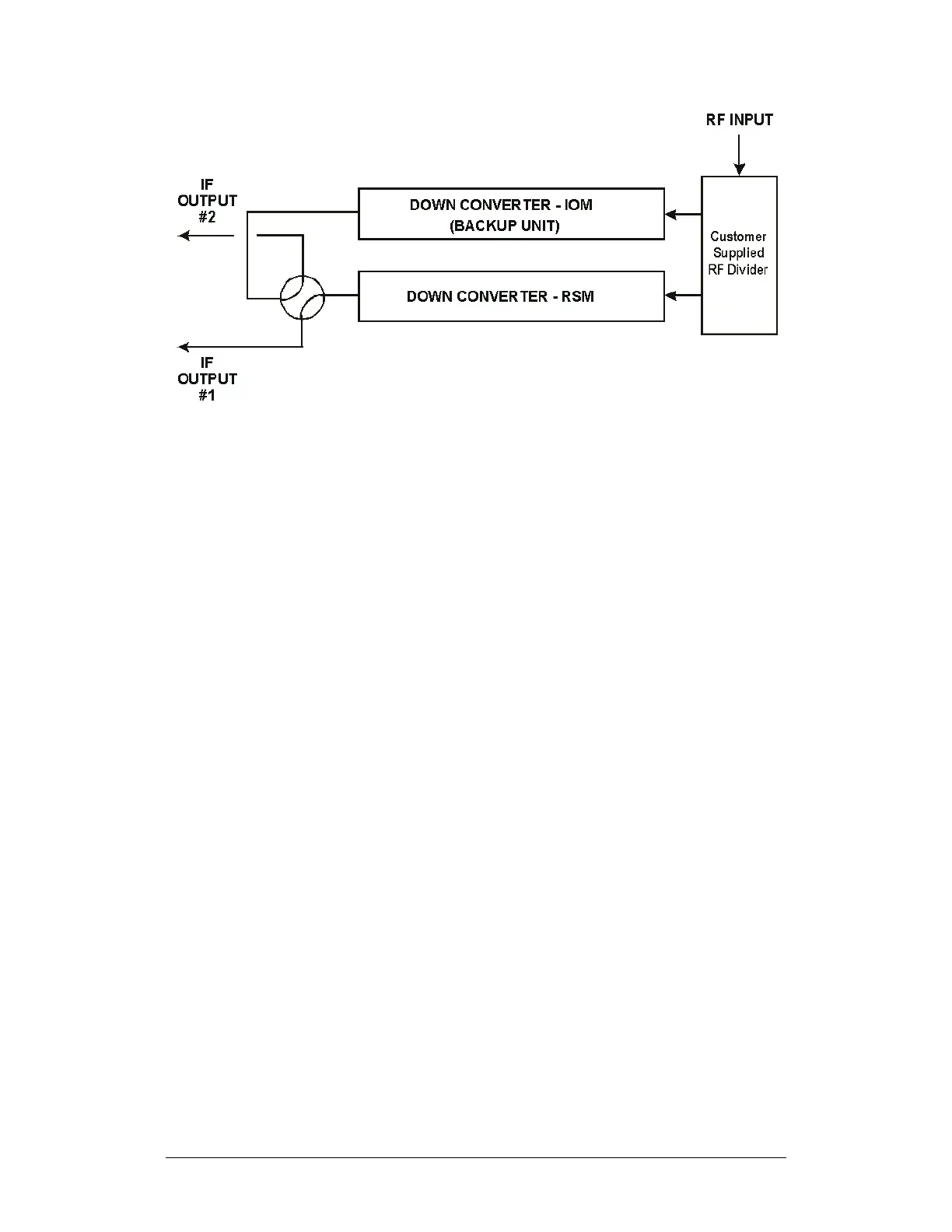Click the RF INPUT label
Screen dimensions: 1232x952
point(739,120)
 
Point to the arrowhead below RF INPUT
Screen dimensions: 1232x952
point(739,169)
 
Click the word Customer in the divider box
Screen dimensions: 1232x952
point(738,236)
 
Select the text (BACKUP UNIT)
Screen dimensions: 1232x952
point(504,226)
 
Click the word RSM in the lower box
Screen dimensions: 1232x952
point(577,296)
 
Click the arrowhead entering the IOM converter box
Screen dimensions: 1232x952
point(670,215)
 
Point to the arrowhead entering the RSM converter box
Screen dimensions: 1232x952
point(670,296)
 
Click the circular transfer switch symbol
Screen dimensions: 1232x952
point(302,296)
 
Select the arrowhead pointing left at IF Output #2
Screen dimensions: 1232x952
point(184,236)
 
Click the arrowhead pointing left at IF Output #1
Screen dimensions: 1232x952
point(184,347)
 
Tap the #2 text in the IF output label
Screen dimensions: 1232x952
point(207,218)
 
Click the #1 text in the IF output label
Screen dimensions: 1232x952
point(207,395)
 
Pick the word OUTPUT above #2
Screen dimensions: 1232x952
point(207,201)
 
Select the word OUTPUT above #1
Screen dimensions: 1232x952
point(207,379)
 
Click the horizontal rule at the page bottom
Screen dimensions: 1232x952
point(475,1157)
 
